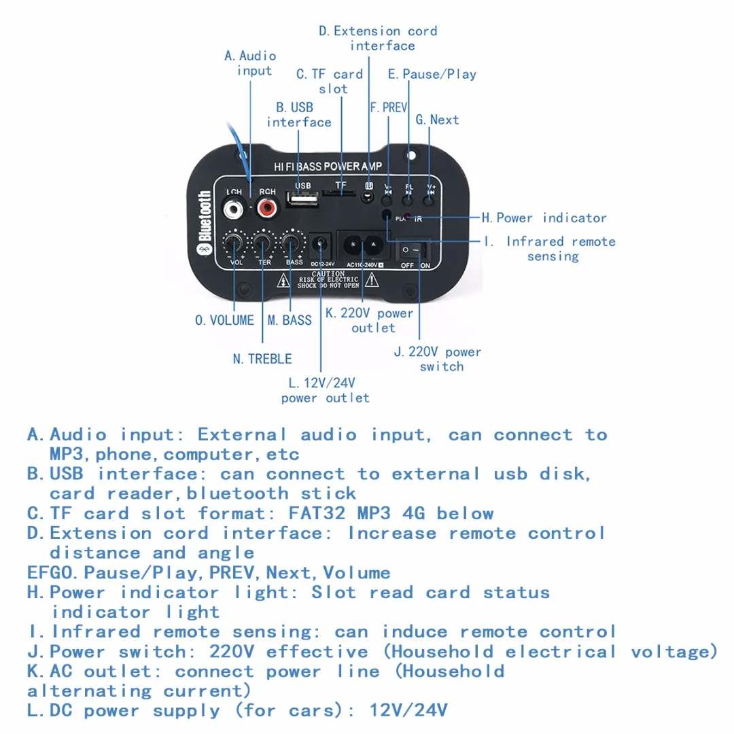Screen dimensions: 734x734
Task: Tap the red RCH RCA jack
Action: (x=266, y=207)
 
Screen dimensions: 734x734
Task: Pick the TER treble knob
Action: (x=263, y=243)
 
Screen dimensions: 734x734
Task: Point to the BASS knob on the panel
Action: (x=292, y=243)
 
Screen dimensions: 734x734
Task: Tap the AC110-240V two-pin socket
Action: (x=362, y=245)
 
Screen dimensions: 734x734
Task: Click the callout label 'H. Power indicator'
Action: (x=544, y=218)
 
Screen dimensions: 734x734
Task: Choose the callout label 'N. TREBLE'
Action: (x=262, y=359)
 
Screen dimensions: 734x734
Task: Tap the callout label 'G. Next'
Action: (x=437, y=120)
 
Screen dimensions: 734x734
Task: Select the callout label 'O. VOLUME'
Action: (x=224, y=320)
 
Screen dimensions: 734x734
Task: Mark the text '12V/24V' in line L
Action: (x=408, y=711)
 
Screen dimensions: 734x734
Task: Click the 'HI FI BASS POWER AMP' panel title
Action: (x=328, y=167)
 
